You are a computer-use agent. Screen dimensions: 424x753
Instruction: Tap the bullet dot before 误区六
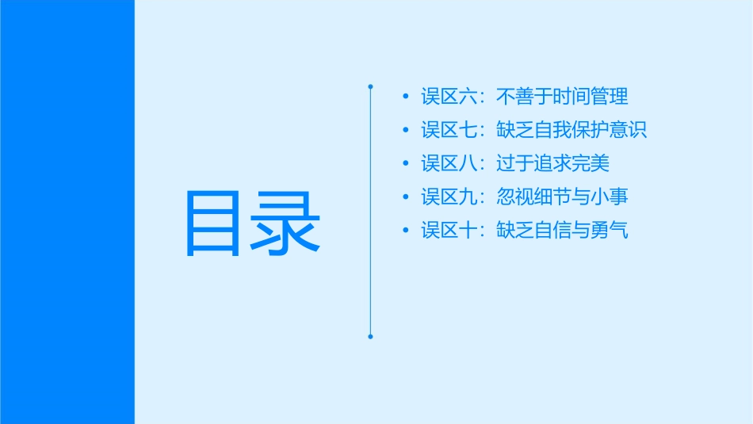(x=407, y=97)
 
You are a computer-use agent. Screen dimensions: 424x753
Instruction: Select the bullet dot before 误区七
(x=407, y=130)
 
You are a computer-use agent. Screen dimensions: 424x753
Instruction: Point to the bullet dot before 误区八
(x=407, y=164)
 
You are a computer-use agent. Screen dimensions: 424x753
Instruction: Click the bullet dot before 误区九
(x=407, y=197)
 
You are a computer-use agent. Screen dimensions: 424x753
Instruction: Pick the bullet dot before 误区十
(x=407, y=231)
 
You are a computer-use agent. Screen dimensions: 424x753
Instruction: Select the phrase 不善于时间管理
(x=562, y=97)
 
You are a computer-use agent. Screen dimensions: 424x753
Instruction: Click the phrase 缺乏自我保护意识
(x=571, y=130)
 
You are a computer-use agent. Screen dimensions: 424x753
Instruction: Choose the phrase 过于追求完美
(x=552, y=164)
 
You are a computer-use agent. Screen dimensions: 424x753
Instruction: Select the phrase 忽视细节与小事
(x=562, y=197)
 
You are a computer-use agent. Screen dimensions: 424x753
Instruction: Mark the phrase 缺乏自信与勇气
(x=562, y=231)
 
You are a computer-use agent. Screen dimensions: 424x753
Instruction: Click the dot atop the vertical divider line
(x=370, y=86)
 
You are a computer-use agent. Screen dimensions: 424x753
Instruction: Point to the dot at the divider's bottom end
(x=370, y=337)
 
